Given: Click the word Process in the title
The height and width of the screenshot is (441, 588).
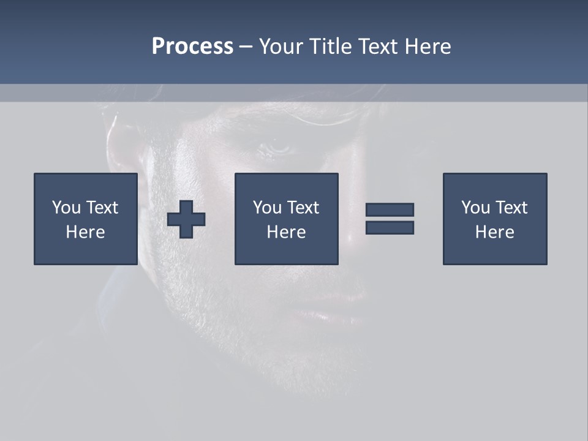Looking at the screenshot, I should point(192,47).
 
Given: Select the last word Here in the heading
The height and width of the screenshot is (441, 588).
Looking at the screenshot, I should point(428,47).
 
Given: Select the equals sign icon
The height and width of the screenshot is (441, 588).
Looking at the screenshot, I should point(390,219).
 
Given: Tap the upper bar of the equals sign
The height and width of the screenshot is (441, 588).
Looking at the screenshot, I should point(390,210).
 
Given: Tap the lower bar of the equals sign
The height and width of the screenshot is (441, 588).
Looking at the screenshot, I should point(390,227).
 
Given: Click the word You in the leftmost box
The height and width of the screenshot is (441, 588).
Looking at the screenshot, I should point(66,208).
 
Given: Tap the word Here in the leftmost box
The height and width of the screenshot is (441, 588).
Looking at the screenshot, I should point(86,232).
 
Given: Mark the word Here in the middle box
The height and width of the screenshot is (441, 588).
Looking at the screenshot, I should point(287,232).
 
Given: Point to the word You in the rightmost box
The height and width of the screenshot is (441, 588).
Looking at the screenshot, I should point(475,208).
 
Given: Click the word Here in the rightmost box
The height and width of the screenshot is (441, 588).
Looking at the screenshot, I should point(495,232).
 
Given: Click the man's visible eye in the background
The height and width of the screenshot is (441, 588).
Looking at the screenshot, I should point(279,147).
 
